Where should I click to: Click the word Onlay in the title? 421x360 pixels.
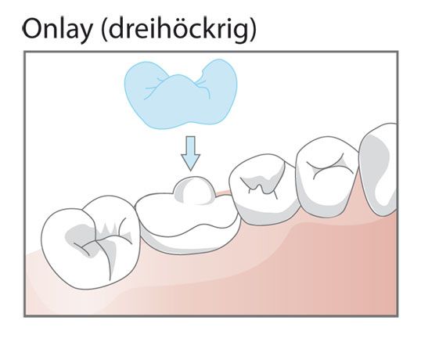[x=57, y=29]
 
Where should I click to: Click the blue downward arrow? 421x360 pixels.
[x=190, y=153]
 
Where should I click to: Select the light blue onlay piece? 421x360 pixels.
[x=181, y=94]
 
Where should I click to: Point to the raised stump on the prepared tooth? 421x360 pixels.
[x=194, y=190]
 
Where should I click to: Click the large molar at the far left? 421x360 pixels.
[x=91, y=243]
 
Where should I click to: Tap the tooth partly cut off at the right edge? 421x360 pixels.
[x=379, y=169]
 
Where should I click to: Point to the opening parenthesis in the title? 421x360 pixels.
[x=105, y=29]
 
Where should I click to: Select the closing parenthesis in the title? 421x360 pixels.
[x=253, y=29]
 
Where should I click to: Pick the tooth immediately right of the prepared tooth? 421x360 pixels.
[x=264, y=189]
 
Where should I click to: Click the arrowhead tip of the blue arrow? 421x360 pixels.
[x=191, y=170]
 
